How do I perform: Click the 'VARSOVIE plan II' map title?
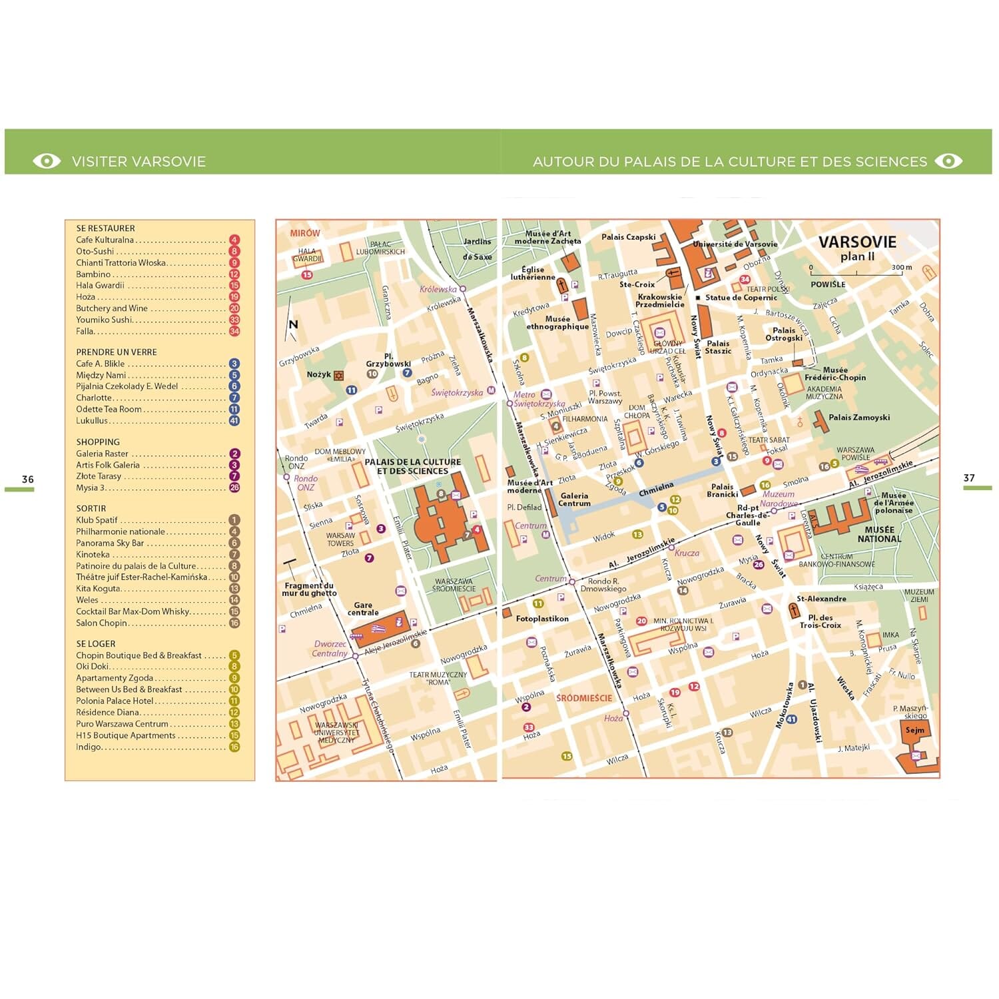(x=857, y=248)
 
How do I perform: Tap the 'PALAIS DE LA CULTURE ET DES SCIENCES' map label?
(x=412, y=466)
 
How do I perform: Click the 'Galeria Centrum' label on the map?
(x=574, y=499)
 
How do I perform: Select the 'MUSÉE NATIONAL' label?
(x=879, y=534)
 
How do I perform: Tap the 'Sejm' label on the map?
(x=914, y=730)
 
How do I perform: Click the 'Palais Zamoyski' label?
(x=859, y=418)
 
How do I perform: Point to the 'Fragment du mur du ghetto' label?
(x=309, y=589)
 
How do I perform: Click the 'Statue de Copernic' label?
(x=741, y=298)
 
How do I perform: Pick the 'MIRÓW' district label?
(x=305, y=233)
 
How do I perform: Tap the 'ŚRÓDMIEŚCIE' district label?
(x=583, y=698)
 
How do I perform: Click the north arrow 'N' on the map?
(x=293, y=324)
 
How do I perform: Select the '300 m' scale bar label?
(x=902, y=267)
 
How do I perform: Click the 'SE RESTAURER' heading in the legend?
(x=105, y=228)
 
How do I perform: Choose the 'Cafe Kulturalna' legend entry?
(x=105, y=240)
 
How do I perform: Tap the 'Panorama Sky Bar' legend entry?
(x=110, y=543)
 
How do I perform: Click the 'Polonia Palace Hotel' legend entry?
(x=115, y=701)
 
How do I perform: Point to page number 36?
(x=27, y=479)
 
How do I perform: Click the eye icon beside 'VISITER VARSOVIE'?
(x=47, y=161)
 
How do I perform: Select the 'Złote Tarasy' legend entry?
(x=99, y=476)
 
